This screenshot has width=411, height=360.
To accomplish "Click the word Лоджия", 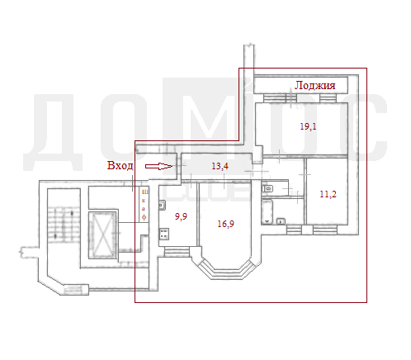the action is tap(314, 86).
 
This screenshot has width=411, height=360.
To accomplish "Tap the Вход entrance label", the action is tap(120, 165).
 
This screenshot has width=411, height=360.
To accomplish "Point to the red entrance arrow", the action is tap(158, 166).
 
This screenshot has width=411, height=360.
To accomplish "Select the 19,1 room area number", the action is tap(308, 126).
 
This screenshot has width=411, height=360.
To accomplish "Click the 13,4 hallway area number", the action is tap(220, 166).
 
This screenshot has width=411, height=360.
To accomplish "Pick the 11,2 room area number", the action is tap(328, 194).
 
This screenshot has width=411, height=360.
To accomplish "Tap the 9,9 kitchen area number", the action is tap(181, 216).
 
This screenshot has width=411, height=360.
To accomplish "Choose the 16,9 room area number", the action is tap(225, 224).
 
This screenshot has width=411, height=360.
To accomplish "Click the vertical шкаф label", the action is tap(144, 205).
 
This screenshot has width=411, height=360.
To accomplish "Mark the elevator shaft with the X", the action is tap(102, 234).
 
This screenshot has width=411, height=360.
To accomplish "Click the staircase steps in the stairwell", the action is tap(64, 224).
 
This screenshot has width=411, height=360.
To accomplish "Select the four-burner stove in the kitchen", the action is tap(164, 234).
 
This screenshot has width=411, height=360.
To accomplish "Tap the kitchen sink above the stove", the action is tap(162, 206).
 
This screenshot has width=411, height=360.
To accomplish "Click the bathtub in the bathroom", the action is tap(267, 212).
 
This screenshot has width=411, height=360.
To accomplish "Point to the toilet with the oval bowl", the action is tap(267, 189).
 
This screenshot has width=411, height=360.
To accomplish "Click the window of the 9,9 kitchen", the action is tap(177, 252).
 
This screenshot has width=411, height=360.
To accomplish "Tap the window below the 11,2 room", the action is tap(325, 230).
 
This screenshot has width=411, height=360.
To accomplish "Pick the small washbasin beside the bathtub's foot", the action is tap(281, 221).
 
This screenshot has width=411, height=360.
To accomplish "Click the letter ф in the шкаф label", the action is tap(144, 217).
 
